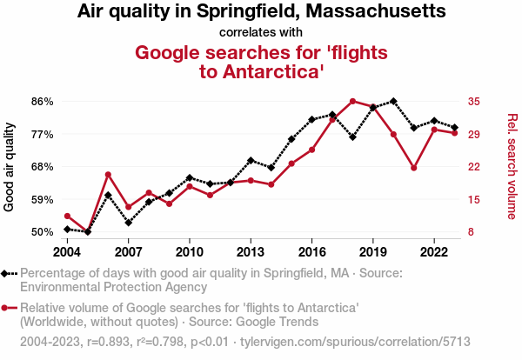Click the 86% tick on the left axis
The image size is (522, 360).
point(42,102)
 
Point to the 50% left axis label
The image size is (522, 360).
point(42,232)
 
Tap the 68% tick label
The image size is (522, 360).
point(42,167)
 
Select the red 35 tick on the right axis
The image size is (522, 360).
point(473,102)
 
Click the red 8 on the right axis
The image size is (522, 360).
point(471,232)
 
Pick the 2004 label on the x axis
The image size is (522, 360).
point(67,252)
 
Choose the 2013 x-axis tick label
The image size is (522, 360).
point(251,252)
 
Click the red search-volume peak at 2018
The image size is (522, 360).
point(352,101)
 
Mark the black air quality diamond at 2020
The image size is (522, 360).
point(393,101)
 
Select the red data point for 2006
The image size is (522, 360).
point(108,175)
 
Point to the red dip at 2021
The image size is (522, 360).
point(414,168)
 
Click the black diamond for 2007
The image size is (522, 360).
point(128,223)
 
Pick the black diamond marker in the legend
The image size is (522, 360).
point(6,273)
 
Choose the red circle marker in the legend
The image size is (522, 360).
point(6,308)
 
